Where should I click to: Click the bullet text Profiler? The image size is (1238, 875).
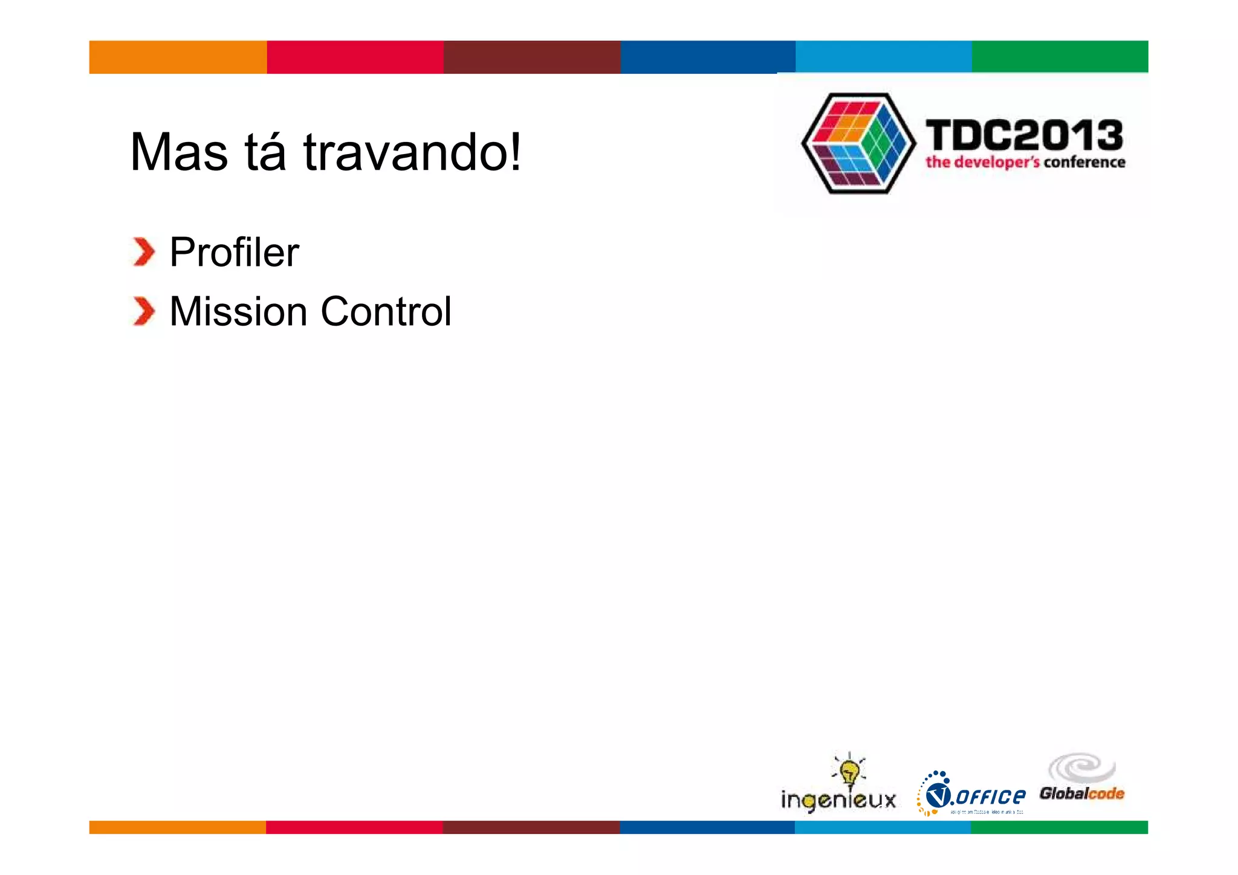coord(234,252)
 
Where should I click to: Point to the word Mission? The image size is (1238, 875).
coord(238,312)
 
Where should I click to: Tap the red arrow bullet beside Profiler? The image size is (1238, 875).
coord(144,252)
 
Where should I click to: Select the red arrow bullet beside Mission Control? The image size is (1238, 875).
coord(144,312)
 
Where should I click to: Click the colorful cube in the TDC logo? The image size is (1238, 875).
coord(858,143)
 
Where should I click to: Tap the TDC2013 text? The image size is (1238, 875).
coord(1024,135)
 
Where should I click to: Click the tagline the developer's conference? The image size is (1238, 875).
coord(1025,162)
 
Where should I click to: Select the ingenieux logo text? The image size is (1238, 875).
coord(838,800)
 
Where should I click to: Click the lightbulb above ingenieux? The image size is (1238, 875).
coord(850,770)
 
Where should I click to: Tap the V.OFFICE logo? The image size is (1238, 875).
coord(971,794)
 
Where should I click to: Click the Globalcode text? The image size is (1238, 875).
coord(1081,793)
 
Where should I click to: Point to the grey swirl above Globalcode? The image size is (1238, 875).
coord(1082,768)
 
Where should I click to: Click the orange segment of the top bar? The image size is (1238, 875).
coord(178,57)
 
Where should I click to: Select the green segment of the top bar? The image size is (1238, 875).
coord(1060,57)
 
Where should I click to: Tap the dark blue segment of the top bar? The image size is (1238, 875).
coord(707,57)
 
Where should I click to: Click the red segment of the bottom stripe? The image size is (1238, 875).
coord(354,827)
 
